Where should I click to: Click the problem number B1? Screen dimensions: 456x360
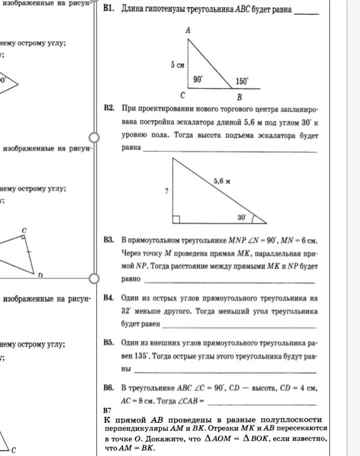click(109, 10)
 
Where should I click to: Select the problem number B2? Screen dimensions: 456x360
click(109, 108)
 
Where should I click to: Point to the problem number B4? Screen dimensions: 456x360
click(109, 298)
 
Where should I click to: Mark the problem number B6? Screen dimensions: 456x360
click(109, 388)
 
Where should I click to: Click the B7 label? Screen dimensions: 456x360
click(107, 410)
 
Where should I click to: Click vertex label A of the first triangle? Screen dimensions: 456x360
click(188, 31)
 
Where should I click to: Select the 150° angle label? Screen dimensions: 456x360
click(242, 80)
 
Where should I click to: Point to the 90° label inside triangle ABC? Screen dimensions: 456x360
click(198, 79)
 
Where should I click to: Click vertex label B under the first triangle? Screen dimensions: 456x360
click(239, 96)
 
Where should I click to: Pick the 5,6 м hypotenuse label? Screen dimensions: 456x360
click(221, 181)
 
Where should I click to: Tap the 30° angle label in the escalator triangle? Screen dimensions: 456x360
click(242, 217)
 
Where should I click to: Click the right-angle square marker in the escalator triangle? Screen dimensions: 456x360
click(176, 219)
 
